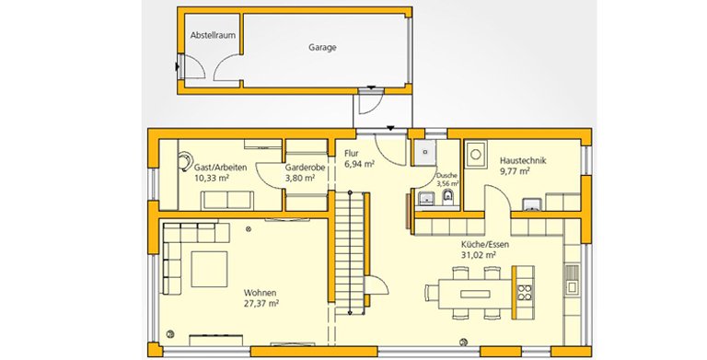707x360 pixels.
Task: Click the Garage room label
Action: point(322,47)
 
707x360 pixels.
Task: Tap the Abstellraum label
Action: point(213,35)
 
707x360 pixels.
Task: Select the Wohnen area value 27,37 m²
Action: point(261,304)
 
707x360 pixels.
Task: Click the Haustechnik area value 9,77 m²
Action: point(515,171)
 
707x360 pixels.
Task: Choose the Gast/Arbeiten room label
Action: point(221,168)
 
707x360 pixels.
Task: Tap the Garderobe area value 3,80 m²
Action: point(300,179)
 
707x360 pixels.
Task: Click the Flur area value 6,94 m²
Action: point(359,164)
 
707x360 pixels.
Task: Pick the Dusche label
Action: point(446,176)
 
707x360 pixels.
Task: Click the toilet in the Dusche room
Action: point(447,198)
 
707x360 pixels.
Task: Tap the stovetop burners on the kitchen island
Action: point(524,293)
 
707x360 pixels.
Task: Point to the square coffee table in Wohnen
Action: point(209,269)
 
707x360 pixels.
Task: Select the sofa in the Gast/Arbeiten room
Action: point(227,200)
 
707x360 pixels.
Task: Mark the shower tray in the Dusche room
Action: point(423,153)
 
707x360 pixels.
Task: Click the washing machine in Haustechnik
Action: point(475,155)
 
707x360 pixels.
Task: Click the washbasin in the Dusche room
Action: point(425,199)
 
